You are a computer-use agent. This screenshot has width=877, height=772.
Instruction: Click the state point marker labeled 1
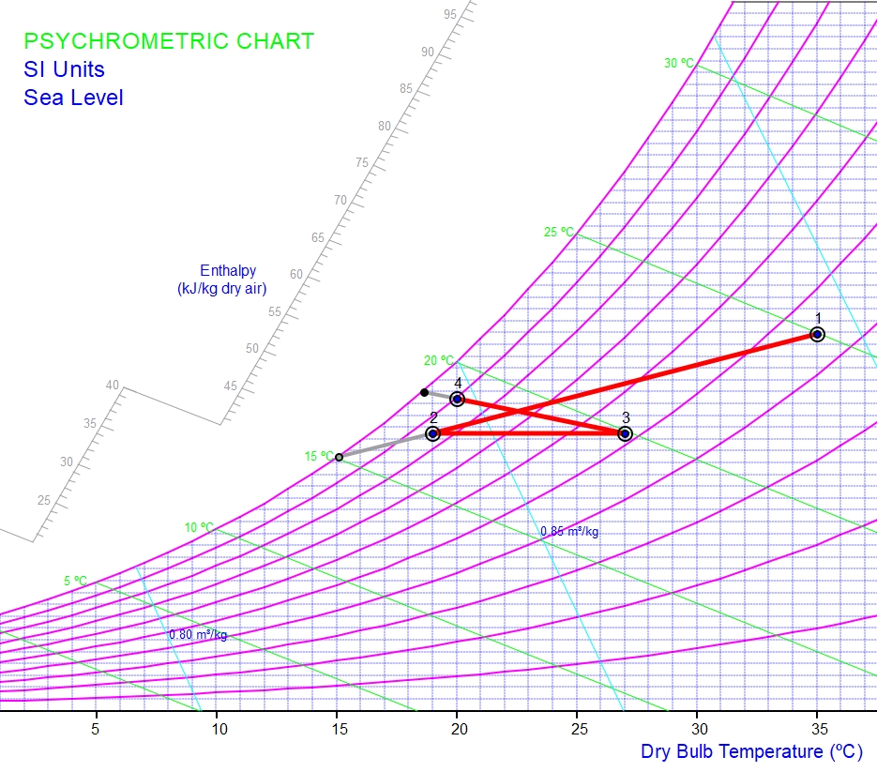click(817, 334)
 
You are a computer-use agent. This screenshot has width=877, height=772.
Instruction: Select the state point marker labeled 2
click(432, 433)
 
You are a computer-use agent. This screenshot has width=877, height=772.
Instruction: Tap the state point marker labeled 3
click(625, 433)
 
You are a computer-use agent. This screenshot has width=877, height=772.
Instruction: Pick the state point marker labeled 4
click(457, 399)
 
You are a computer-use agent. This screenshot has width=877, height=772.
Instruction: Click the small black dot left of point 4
click(424, 392)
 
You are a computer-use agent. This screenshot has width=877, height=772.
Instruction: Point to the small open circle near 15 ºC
click(339, 457)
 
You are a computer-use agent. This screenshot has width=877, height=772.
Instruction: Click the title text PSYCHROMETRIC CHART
click(169, 41)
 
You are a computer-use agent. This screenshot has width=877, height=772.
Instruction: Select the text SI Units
click(64, 69)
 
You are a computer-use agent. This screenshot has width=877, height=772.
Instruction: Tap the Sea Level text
click(73, 98)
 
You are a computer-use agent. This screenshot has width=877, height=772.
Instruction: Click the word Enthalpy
click(228, 271)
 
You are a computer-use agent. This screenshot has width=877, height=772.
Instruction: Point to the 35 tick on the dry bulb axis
click(818, 727)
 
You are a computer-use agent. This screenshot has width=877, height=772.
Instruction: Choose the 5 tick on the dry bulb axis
click(96, 727)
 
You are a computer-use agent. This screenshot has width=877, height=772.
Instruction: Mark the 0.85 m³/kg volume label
click(569, 532)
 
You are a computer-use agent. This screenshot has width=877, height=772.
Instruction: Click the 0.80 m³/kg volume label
click(198, 635)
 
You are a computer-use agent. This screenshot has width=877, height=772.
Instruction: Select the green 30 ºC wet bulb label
click(680, 63)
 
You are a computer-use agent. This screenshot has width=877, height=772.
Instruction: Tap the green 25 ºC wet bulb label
click(559, 232)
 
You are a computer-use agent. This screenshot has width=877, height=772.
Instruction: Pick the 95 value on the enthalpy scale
click(450, 14)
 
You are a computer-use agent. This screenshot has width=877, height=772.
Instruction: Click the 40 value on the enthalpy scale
click(113, 385)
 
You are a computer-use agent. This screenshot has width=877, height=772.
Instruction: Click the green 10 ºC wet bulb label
click(199, 527)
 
